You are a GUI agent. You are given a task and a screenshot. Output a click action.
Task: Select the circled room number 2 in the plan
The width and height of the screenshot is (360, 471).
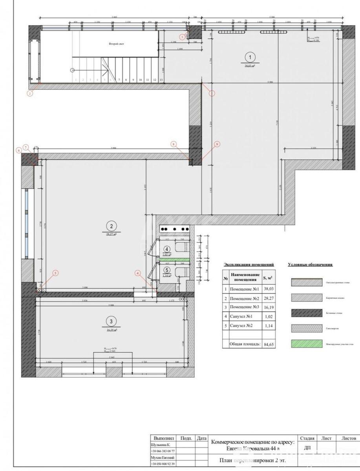click(x=112, y=226)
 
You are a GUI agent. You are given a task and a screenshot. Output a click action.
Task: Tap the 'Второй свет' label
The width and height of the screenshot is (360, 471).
click(x=117, y=44)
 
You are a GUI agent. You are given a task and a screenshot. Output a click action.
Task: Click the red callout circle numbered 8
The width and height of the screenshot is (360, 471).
click(x=174, y=144)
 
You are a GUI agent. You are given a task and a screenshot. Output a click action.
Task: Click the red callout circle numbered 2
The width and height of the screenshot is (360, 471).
click(x=30, y=93)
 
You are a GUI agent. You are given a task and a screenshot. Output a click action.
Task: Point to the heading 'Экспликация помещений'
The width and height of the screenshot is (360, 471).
click(x=249, y=265)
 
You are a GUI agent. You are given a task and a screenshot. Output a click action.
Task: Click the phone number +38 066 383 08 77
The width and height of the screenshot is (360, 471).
click(x=163, y=451)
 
